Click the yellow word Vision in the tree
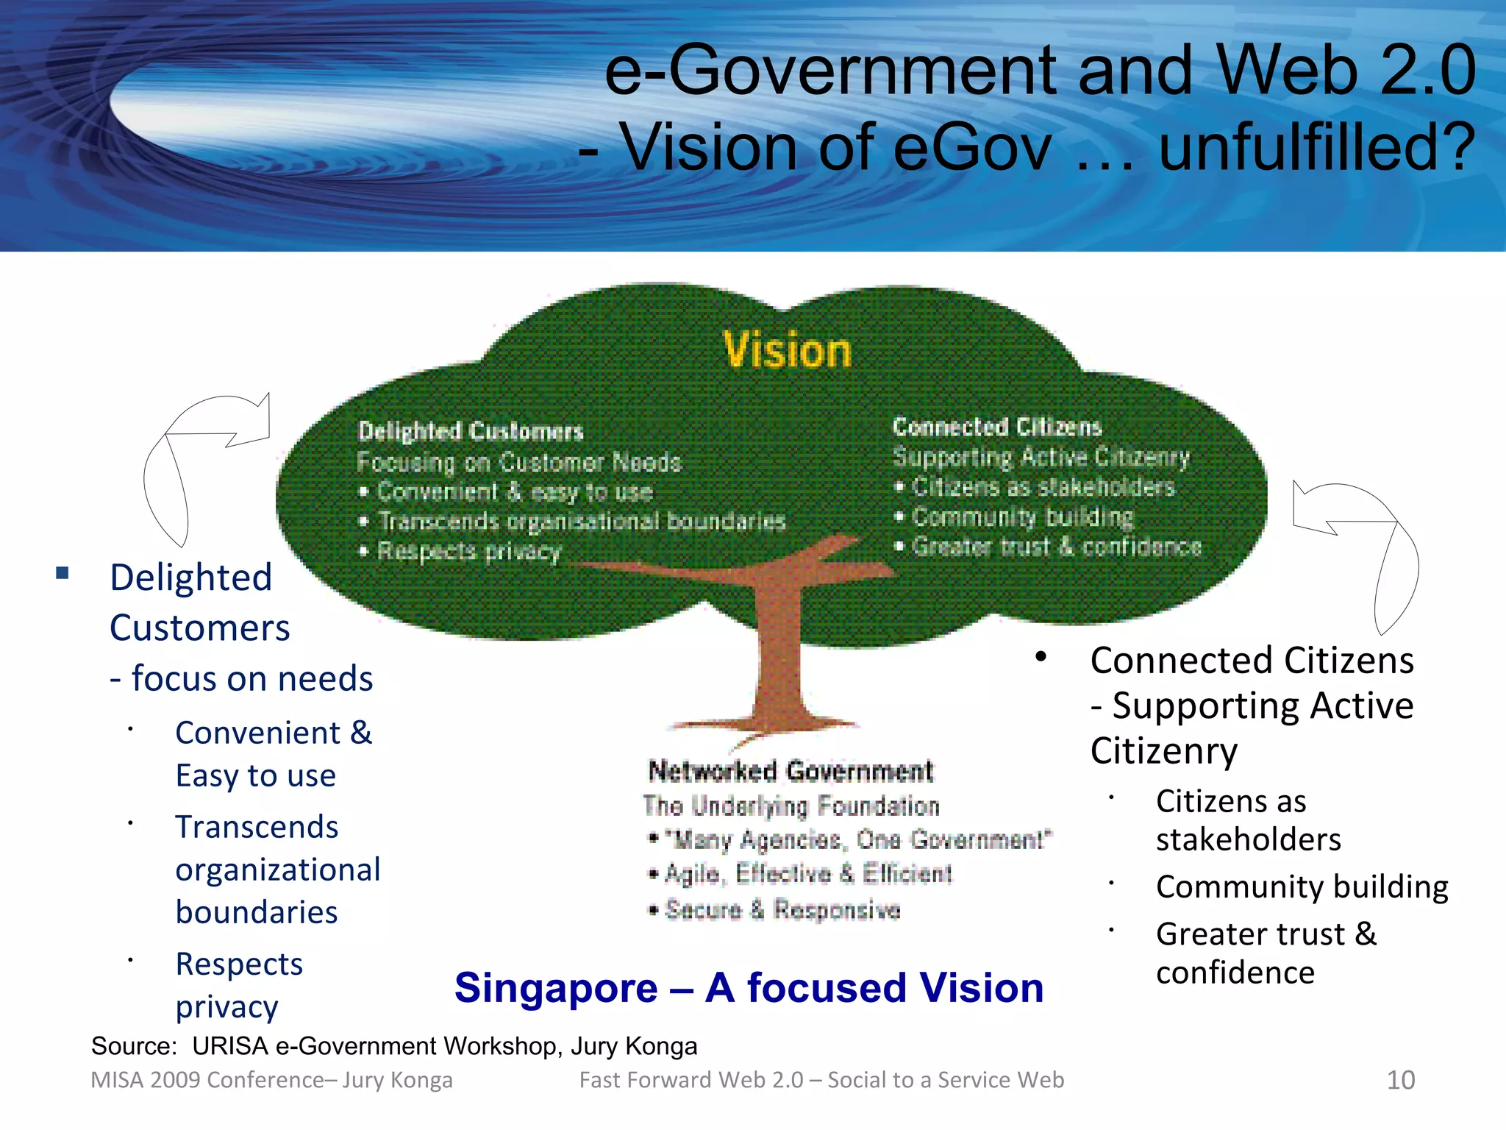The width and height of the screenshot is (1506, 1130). pyautogui.click(x=787, y=350)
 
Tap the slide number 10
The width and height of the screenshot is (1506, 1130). pyautogui.click(x=1400, y=1080)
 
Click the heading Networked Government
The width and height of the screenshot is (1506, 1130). pyautogui.click(x=791, y=771)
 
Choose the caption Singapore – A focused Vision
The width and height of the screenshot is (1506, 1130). pyautogui.click(x=749, y=987)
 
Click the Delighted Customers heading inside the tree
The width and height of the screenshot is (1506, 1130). pyautogui.click(x=471, y=431)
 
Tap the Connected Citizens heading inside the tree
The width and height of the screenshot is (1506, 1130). pyautogui.click(x=997, y=427)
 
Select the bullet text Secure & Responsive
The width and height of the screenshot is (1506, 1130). pyautogui.click(x=782, y=910)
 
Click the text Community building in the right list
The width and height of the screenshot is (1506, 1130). pyautogui.click(x=1302, y=887)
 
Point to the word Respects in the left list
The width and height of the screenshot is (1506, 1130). pyautogui.click(x=239, y=964)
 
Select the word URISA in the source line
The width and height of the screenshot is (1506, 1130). pyautogui.click(x=230, y=1046)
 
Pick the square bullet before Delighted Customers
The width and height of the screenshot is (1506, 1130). pyautogui.click(x=63, y=573)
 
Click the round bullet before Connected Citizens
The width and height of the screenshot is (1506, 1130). pyautogui.click(x=1041, y=657)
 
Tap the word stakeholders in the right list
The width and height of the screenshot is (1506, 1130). pyautogui.click(x=1248, y=839)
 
